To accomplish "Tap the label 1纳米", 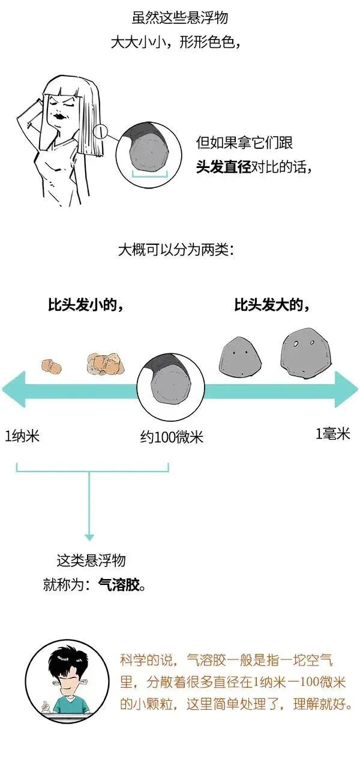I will [x=22, y=435].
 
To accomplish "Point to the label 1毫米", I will [x=333, y=434].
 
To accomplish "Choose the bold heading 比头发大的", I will [x=271, y=305].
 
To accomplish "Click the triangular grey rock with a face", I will [x=239, y=356].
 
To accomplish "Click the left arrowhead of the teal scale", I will [x=13, y=389].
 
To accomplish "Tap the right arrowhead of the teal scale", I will [x=347, y=389].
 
